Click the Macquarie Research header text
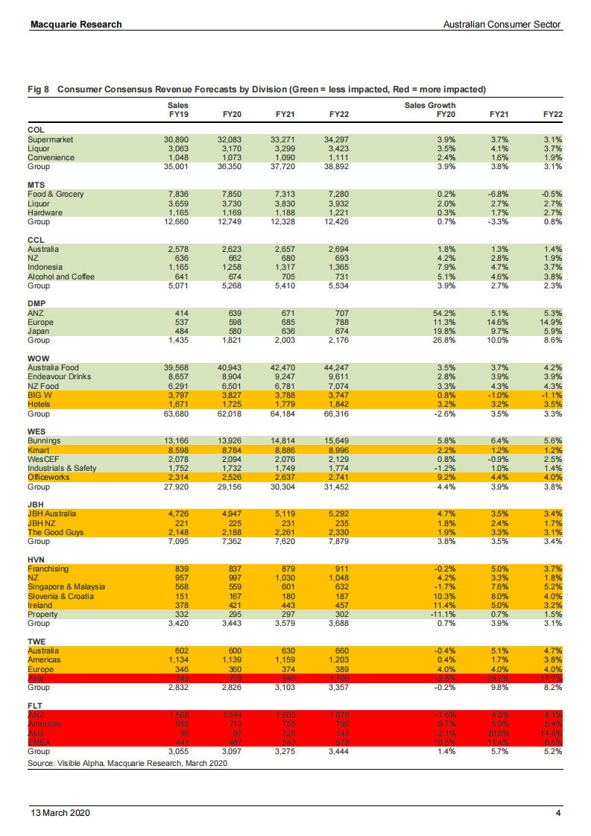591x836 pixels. point(76,25)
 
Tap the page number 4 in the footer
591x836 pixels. point(557,813)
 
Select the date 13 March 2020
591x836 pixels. point(60,813)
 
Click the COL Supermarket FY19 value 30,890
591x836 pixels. point(176,139)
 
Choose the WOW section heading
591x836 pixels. point(38,358)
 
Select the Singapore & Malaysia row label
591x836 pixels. point(66,586)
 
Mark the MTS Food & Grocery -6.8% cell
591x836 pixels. point(496,194)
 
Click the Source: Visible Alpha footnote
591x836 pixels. point(127,764)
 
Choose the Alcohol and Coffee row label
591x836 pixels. point(61,276)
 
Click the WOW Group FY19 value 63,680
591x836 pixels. point(176,414)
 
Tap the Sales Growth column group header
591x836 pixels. point(430,105)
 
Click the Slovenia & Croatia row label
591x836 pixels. point(61,595)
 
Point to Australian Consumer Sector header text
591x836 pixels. point(502,25)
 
